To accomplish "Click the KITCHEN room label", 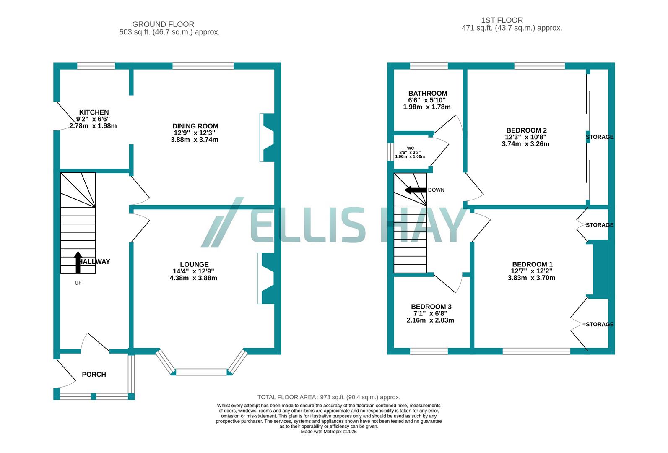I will pyautogui.click(x=94, y=112).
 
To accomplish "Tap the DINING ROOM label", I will pyautogui.click(x=195, y=126).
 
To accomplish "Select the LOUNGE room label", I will pyautogui.click(x=194, y=264).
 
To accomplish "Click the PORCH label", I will pyautogui.click(x=94, y=374).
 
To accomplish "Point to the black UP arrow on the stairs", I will pyautogui.click(x=78, y=262).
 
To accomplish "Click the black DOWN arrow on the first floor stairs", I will pyautogui.click(x=415, y=190).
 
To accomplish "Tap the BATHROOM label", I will pyautogui.click(x=428, y=94).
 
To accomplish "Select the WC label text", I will pyautogui.click(x=410, y=148).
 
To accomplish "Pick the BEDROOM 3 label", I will pyautogui.click(x=431, y=307).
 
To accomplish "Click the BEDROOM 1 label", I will pyautogui.click(x=532, y=264).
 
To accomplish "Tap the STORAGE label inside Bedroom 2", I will pyautogui.click(x=599, y=137).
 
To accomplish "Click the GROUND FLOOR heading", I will pyautogui.click(x=163, y=24).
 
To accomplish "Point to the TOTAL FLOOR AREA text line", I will pyautogui.click(x=328, y=397).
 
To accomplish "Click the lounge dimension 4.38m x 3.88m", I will pyautogui.click(x=193, y=278).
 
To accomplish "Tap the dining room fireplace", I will pyautogui.click(x=267, y=138).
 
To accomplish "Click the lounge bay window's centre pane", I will pyautogui.click(x=201, y=371).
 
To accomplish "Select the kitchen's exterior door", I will pyautogui.click(x=63, y=115).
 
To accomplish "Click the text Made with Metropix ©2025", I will pyautogui.click(x=328, y=431).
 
